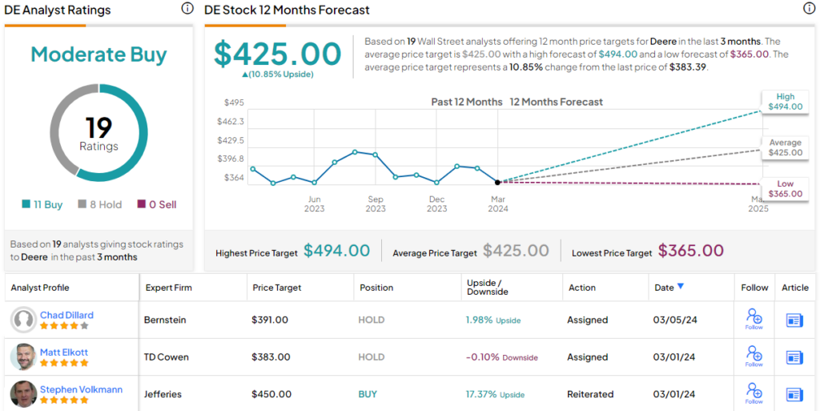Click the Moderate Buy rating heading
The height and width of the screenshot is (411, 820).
click(98, 55)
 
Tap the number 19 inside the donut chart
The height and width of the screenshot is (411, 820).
click(98, 127)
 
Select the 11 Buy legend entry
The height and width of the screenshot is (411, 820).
click(42, 204)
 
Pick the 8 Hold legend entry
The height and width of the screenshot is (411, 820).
click(99, 204)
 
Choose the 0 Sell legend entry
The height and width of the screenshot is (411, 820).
click(157, 204)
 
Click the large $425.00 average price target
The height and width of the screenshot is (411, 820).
click(277, 54)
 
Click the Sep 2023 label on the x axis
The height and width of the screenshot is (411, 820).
click(376, 203)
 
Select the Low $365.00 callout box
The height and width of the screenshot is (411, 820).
click(785, 189)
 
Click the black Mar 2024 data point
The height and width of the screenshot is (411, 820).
click(498, 183)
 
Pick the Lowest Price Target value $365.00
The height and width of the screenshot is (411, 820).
click(690, 252)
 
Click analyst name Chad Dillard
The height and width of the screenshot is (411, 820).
click(67, 315)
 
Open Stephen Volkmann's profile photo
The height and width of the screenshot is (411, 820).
click(23, 394)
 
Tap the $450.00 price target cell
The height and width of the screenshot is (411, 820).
click(270, 394)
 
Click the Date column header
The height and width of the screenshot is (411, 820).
click(665, 287)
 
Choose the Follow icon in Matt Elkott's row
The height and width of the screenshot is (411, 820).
click(754, 354)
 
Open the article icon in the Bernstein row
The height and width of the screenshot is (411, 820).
click(794, 320)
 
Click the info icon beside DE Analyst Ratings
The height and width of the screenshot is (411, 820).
click(187, 9)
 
